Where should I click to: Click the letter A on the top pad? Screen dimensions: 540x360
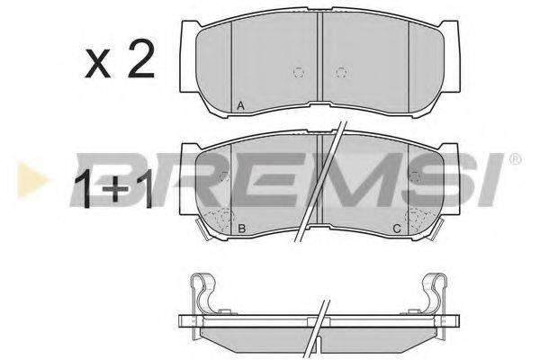click(x=240, y=106)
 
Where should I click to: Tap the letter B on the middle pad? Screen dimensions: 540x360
click(x=242, y=228)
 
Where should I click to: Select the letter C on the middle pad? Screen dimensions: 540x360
click(x=397, y=228)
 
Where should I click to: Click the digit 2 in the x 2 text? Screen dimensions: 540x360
click(x=140, y=58)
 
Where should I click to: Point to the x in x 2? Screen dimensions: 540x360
click(x=98, y=63)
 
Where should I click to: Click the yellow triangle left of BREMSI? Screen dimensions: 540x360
click(x=32, y=180)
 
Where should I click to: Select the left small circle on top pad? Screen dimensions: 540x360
click(x=298, y=72)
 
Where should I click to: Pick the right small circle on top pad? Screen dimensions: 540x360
click(x=341, y=72)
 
